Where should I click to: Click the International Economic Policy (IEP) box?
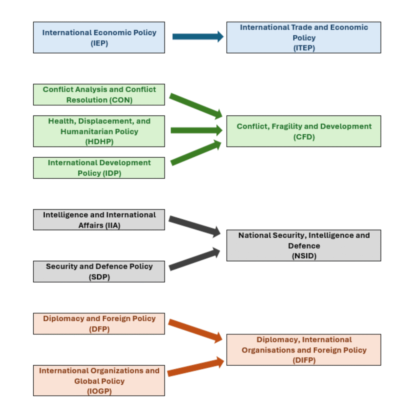click(99, 37)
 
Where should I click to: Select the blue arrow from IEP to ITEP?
click(197, 37)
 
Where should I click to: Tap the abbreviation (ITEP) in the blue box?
click(304, 48)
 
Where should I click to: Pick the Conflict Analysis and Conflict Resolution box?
click(99, 94)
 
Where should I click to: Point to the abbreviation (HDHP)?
click(99, 142)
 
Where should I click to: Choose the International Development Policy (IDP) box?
click(99, 168)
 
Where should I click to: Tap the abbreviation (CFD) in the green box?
click(304, 137)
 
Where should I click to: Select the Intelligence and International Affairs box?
click(99, 220)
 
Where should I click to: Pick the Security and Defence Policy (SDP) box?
click(99, 271)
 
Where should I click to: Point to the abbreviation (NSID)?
click(304, 256)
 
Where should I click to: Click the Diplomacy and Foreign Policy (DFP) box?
click(99, 323)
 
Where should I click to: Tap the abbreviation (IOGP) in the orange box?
click(99, 391)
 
